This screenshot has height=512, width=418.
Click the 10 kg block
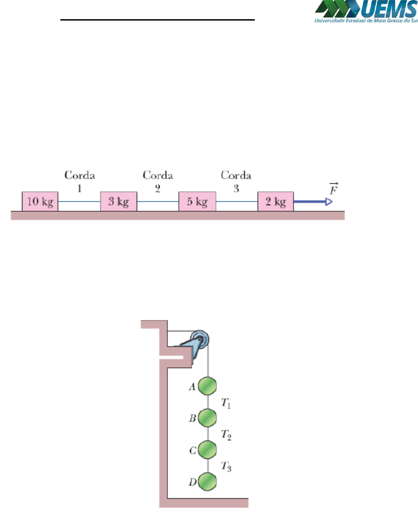point(40,202)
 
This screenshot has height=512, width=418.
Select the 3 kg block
point(118,202)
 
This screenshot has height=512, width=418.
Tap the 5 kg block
point(197,202)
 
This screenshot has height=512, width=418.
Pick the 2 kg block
point(275,202)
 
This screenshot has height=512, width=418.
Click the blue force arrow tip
point(328,202)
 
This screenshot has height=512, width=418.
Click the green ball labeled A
point(207,385)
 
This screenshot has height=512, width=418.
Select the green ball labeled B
point(207,417)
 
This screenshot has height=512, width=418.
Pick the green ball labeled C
point(207,449)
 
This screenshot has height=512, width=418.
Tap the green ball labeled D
point(207,481)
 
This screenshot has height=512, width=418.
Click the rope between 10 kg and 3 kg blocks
point(79,202)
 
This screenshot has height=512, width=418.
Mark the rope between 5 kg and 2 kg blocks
point(236,202)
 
